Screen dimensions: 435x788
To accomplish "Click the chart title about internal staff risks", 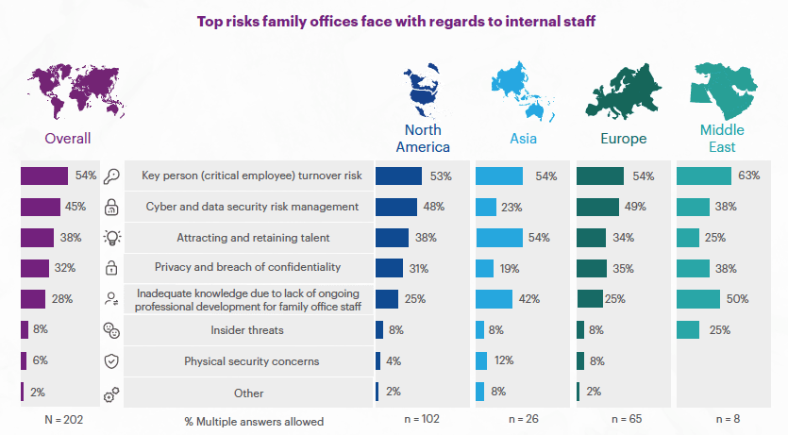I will pyautogui.click(x=395, y=20).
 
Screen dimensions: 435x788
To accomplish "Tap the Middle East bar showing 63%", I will pyautogui.click(x=704, y=176).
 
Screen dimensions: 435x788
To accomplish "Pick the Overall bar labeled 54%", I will pyautogui.click(x=44, y=176).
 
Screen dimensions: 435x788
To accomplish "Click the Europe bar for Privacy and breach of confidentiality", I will pyautogui.click(x=592, y=268).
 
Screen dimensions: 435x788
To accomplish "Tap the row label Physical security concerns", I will pyautogui.click(x=250, y=361).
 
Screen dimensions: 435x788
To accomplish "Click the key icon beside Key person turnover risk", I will pyautogui.click(x=111, y=176).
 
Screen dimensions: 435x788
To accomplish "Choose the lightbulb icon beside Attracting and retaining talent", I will pyautogui.click(x=111, y=238).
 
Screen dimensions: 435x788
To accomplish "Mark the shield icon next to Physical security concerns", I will pyautogui.click(x=111, y=361).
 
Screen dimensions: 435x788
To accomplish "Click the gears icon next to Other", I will pyautogui.click(x=111, y=393).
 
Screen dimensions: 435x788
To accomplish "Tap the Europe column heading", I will pyautogui.click(x=623, y=139).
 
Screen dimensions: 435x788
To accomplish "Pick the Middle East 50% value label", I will pyautogui.click(x=738, y=299).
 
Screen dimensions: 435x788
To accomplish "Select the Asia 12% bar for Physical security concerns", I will pyautogui.click(x=481, y=361).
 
